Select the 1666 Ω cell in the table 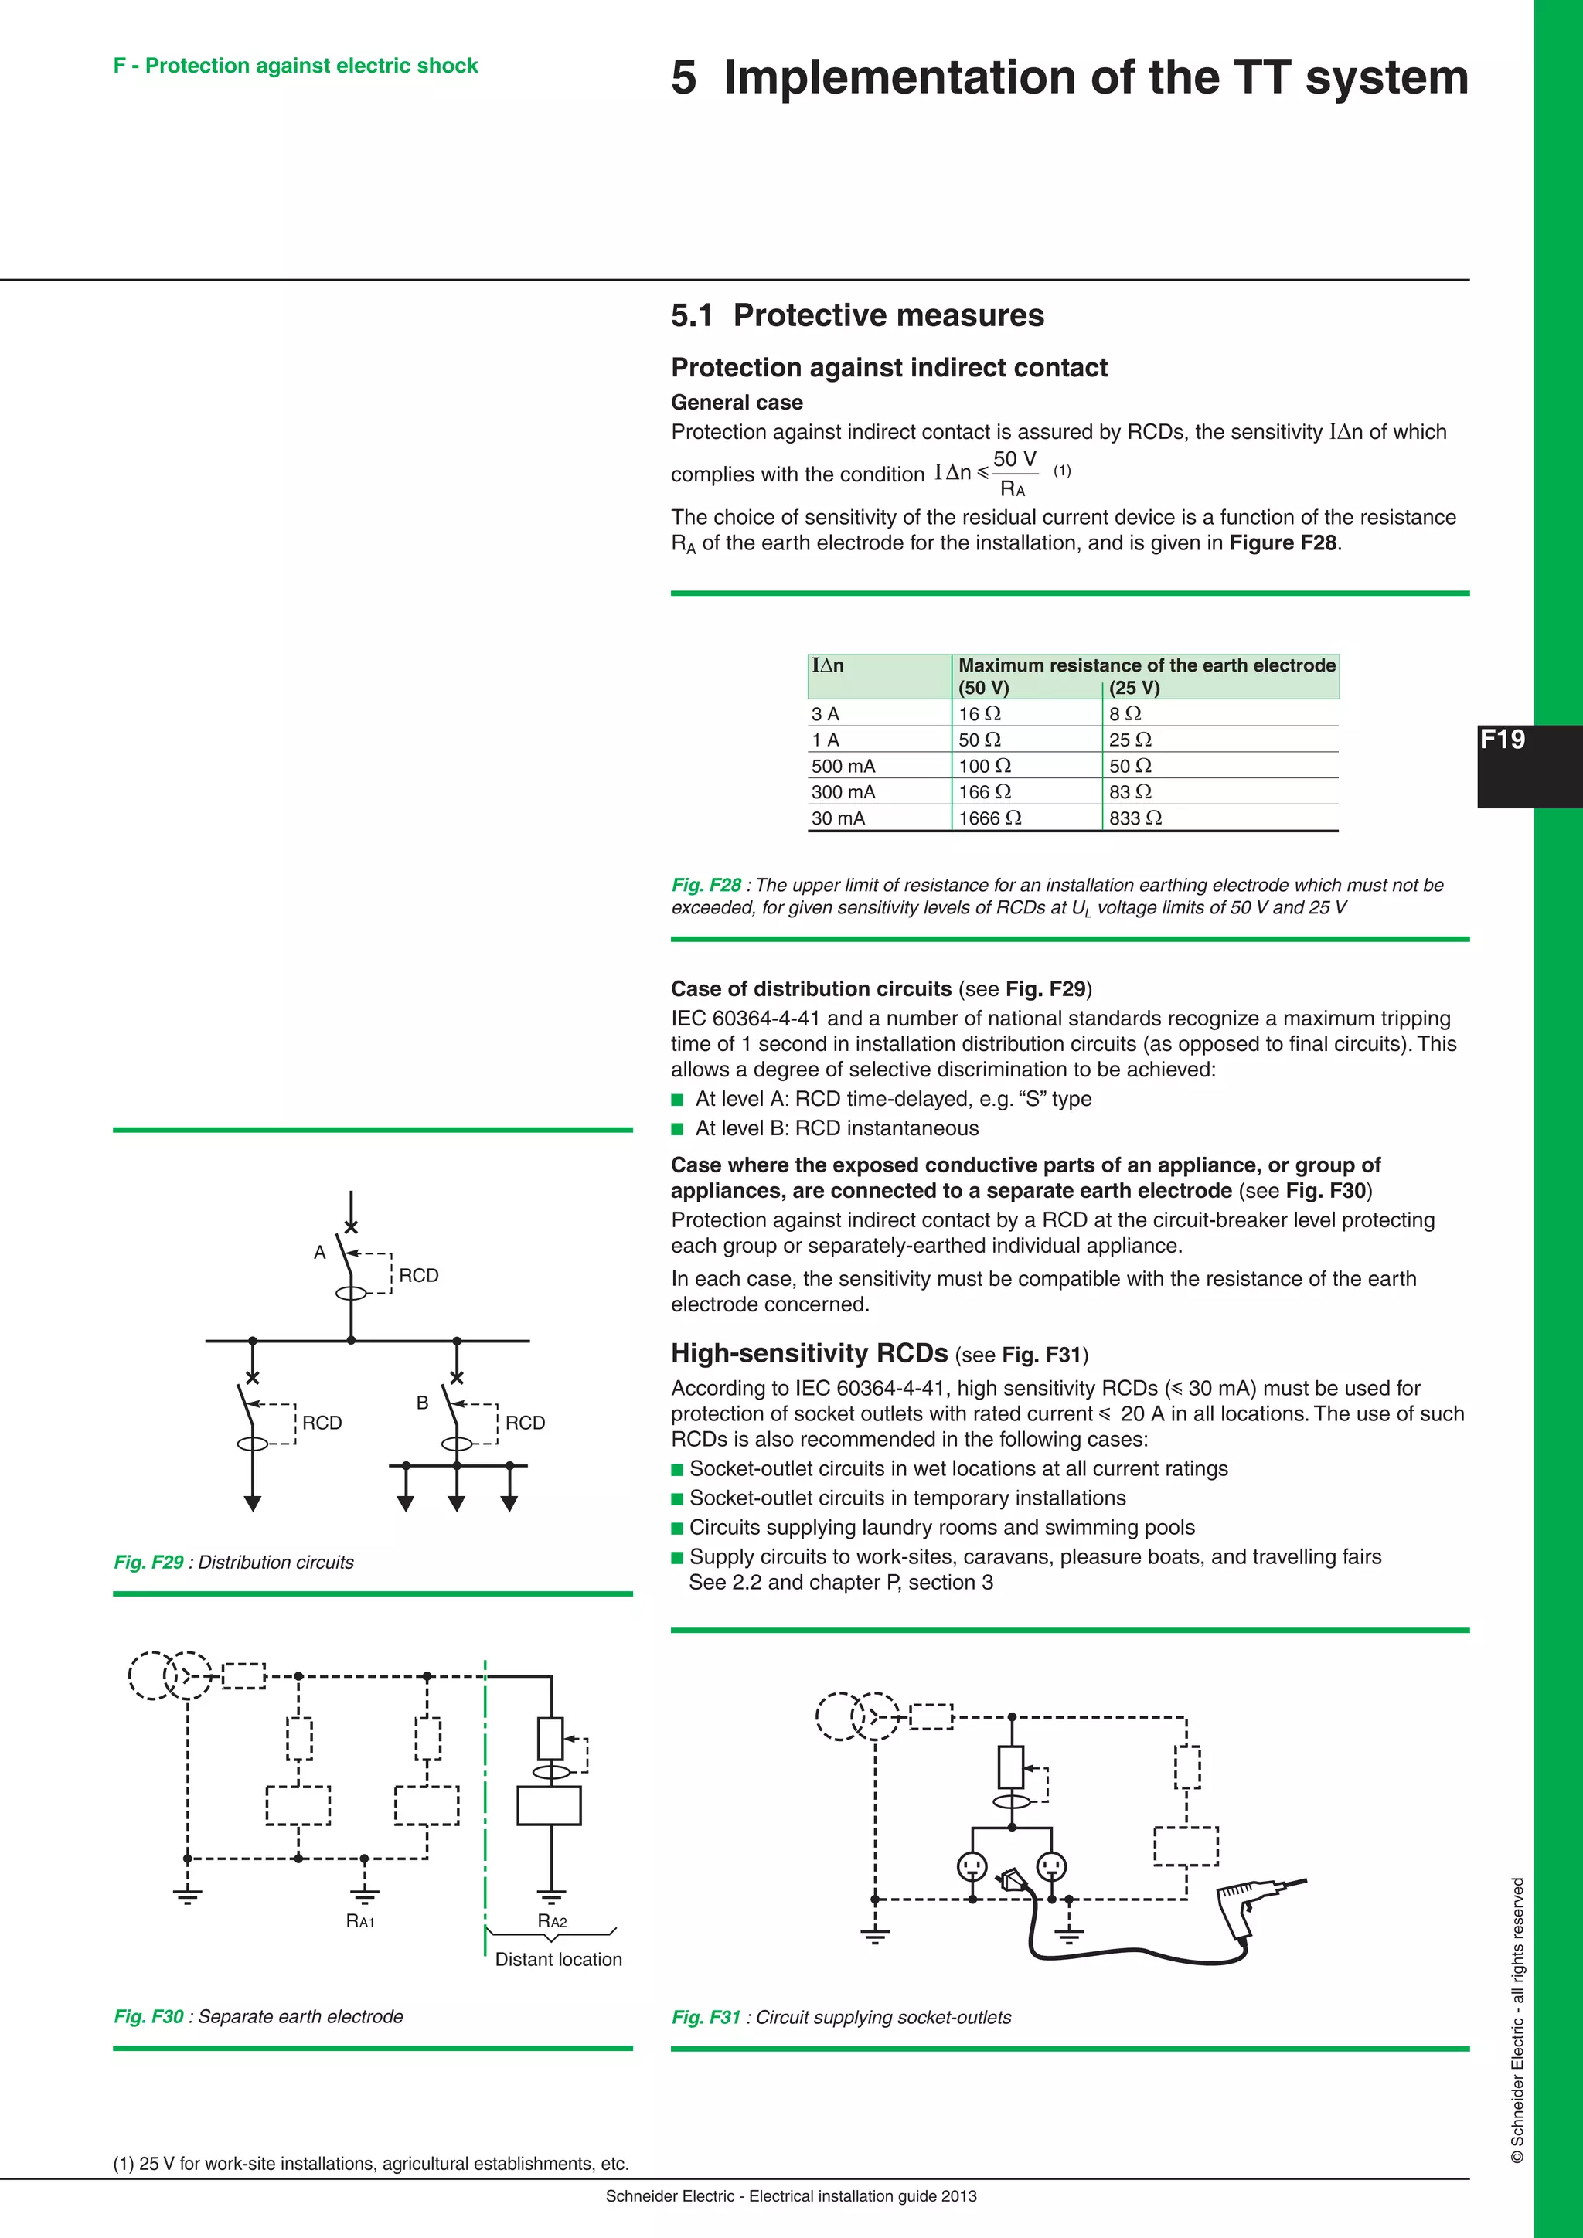click(x=989, y=818)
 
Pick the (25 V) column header click(x=1134, y=687)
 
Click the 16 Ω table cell click(x=979, y=713)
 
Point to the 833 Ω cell click(x=1135, y=818)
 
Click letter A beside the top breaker click(x=320, y=1253)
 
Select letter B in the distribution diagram click(x=422, y=1403)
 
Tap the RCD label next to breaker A click(x=418, y=1275)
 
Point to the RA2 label click(x=552, y=1921)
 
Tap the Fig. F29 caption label click(x=148, y=1562)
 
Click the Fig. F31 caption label click(x=706, y=2017)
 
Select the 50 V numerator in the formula click(x=1014, y=459)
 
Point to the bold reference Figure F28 click(x=1284, y=543)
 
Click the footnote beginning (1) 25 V click(x=370, y=2163)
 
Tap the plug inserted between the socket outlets click(x=1011, y=1877)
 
